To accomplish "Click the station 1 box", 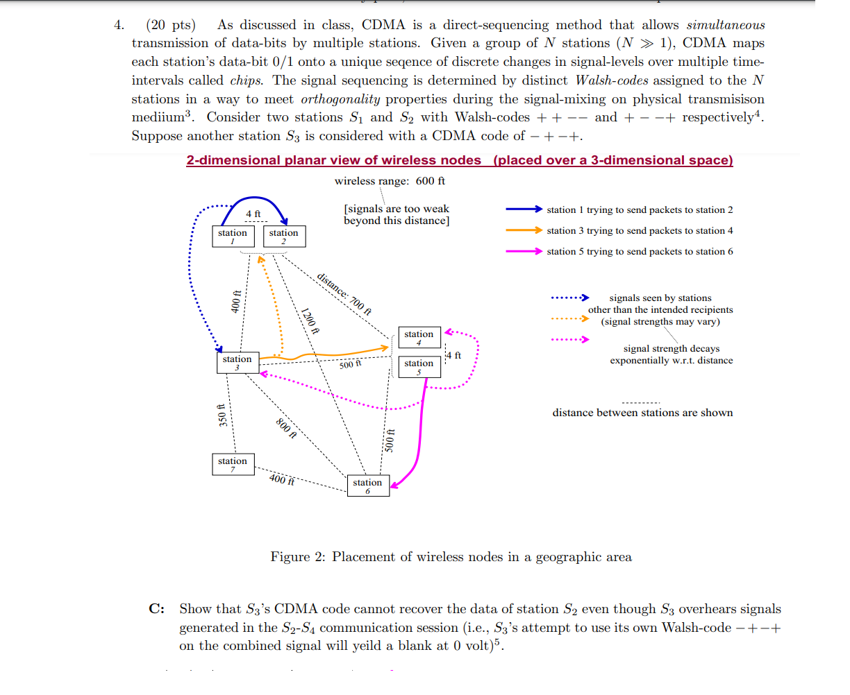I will coord(232,236).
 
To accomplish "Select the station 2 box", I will coord(283,236).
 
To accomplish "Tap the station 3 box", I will coord(237,362).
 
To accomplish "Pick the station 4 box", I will coord(419,337).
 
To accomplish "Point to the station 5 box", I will coord(419,366).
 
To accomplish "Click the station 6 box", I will coord(367,486).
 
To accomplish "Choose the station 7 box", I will coord(232,464).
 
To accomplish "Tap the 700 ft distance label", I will coord(344,294).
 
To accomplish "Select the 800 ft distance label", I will coord(286,429).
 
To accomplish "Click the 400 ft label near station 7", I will coord(281,479).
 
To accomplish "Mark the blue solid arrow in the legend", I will coord(524,209).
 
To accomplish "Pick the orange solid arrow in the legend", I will coord(524,230).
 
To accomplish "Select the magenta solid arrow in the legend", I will coord(524,251).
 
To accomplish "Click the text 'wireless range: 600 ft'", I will coord(390,181).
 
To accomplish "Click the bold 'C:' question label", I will coord(156,609).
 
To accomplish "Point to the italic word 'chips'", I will coord(246,80).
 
